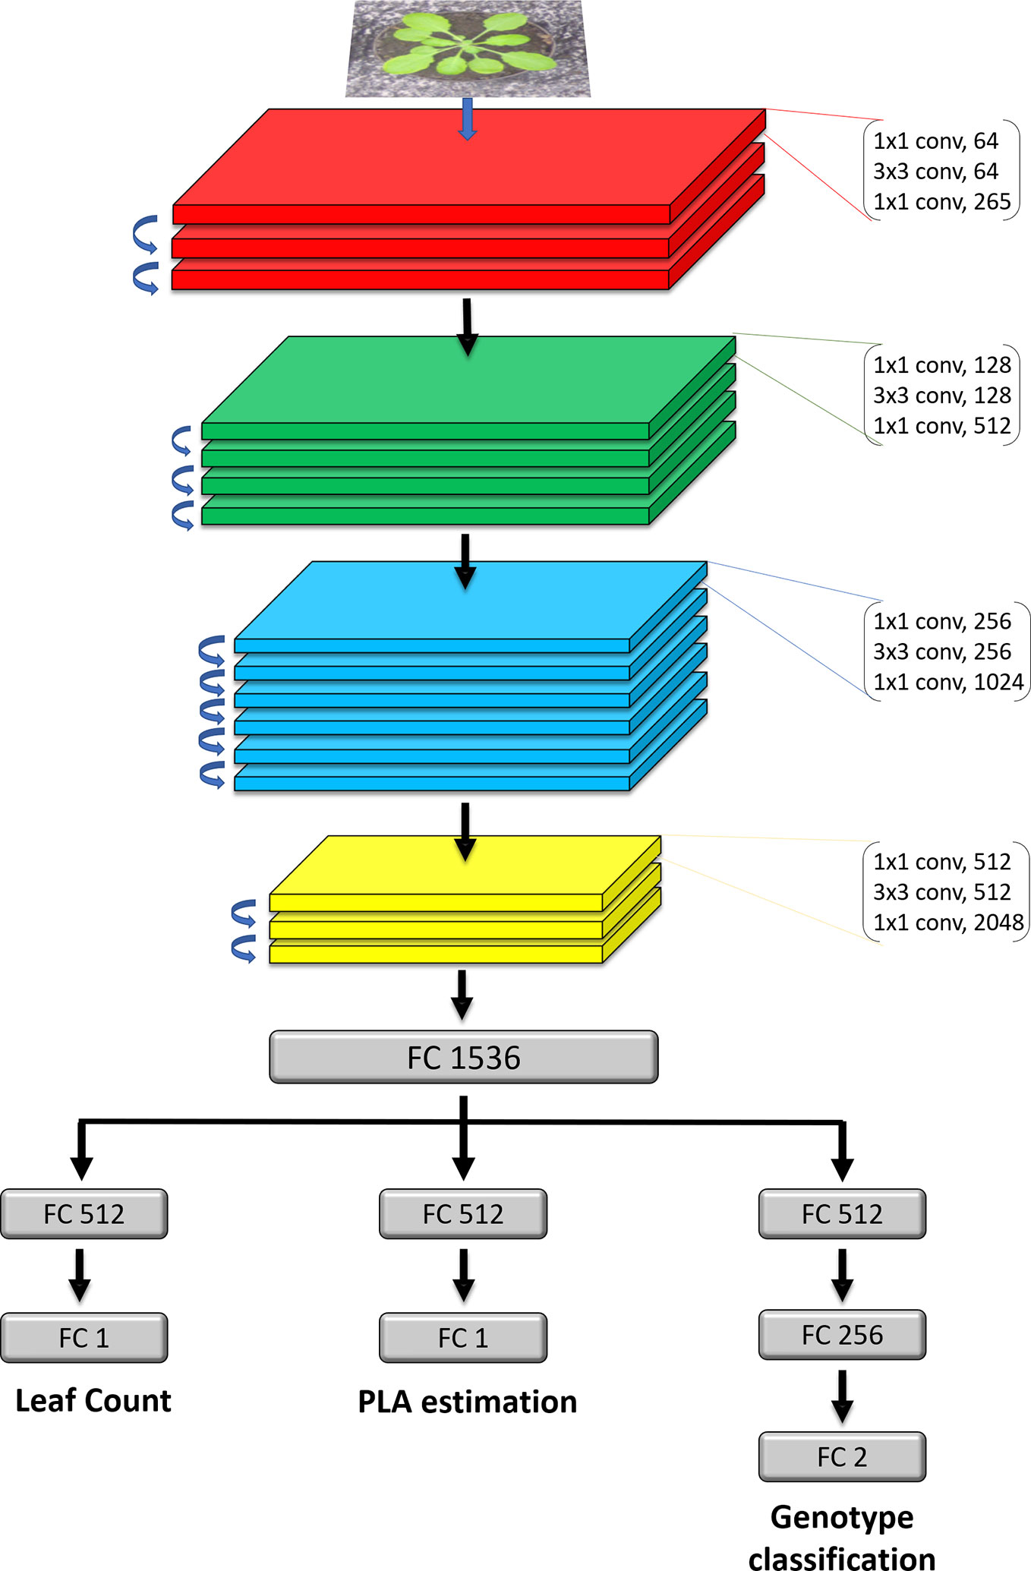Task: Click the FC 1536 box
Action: coord(463,1057)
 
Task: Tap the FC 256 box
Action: coord(842,1335)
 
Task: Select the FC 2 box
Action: coord(842,1457)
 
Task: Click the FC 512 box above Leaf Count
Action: coord(84,1214)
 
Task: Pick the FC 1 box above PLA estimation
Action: coord(463,1338)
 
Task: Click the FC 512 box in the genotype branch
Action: coord(842,1214)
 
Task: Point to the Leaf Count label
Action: coord(93,1401)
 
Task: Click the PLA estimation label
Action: coord(467,1402)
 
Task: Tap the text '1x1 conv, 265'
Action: coord(941,202)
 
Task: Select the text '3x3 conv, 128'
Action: coord(941,396)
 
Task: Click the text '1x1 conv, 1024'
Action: coord(947,682)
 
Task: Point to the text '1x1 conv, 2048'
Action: coord(947,923)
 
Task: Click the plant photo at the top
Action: coord(468,49)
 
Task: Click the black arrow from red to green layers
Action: coord(467,327)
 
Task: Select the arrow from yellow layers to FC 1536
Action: coord(462,995)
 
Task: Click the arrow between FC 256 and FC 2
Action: coord(842,1396)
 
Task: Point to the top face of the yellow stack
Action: coord(465,866)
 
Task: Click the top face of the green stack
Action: coord(467,380)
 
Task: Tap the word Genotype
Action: coord(842,1517)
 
